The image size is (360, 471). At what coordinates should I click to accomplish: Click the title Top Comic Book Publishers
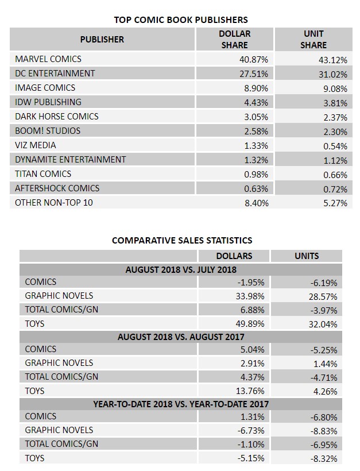(181, 20)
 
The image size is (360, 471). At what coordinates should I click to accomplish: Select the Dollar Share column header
(234, 40)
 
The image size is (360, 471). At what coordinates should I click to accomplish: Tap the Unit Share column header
(313, 40)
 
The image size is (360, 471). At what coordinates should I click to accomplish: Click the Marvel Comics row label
(48, 59)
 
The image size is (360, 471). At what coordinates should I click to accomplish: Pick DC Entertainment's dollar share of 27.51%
(253, 74)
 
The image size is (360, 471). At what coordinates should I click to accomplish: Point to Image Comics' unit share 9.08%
(335, 89)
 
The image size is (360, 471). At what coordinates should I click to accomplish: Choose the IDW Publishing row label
(48, 102)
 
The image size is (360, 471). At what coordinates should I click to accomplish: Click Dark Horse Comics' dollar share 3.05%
(256, 117)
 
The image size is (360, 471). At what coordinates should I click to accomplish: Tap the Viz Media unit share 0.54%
(335, 146)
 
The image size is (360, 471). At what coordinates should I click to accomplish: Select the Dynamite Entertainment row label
(71, 160)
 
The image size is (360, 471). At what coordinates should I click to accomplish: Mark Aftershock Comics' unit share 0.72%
(335, 190)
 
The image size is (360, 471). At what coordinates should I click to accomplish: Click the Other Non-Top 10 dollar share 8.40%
(257, 203)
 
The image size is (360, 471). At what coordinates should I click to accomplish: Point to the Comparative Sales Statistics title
(182, 240)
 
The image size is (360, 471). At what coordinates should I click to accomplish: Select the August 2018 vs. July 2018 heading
(181, 270)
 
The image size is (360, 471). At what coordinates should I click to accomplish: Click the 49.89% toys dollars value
(250, 324)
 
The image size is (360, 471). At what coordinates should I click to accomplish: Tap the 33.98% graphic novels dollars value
(250, 296)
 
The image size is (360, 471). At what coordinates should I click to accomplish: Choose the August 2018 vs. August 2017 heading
(181, 337)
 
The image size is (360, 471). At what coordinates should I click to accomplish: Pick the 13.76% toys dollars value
(250, 391)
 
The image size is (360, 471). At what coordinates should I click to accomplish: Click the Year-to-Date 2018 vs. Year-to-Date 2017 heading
(181, 404)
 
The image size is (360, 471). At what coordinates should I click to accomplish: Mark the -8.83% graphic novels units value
(324, 431)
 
